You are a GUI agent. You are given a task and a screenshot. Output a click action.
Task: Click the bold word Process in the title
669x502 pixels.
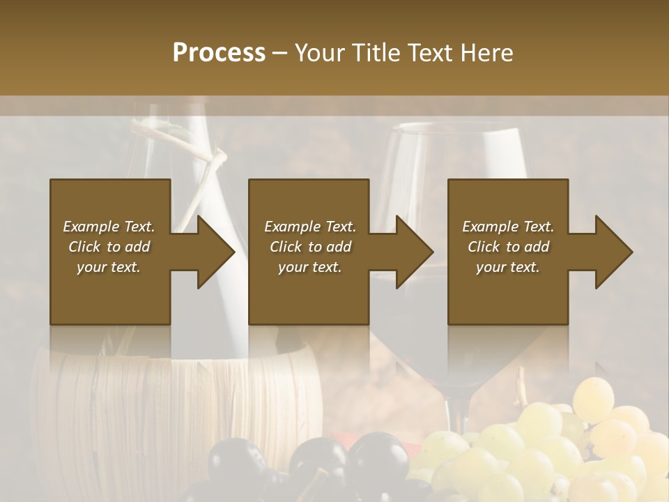(x=219, y=53)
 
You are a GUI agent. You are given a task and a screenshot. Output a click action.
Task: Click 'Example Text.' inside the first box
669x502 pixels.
(x=109, y=227)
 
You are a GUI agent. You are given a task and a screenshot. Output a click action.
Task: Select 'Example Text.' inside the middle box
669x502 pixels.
(x=309, y=227)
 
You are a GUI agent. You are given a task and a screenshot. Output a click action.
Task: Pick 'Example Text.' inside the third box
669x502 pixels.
(x=508, y=227)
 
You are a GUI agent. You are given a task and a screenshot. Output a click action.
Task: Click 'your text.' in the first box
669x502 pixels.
(x=109, y=267)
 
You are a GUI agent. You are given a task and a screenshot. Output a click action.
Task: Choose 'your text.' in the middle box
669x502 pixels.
(x=309, y=267)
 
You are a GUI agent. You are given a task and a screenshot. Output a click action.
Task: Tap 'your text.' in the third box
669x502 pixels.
(x=508, y=267)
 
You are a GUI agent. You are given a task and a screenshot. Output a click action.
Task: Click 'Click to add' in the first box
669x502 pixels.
(x=109, y=247)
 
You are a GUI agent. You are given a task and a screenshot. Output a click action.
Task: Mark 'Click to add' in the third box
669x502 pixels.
(x=508, y=247)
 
